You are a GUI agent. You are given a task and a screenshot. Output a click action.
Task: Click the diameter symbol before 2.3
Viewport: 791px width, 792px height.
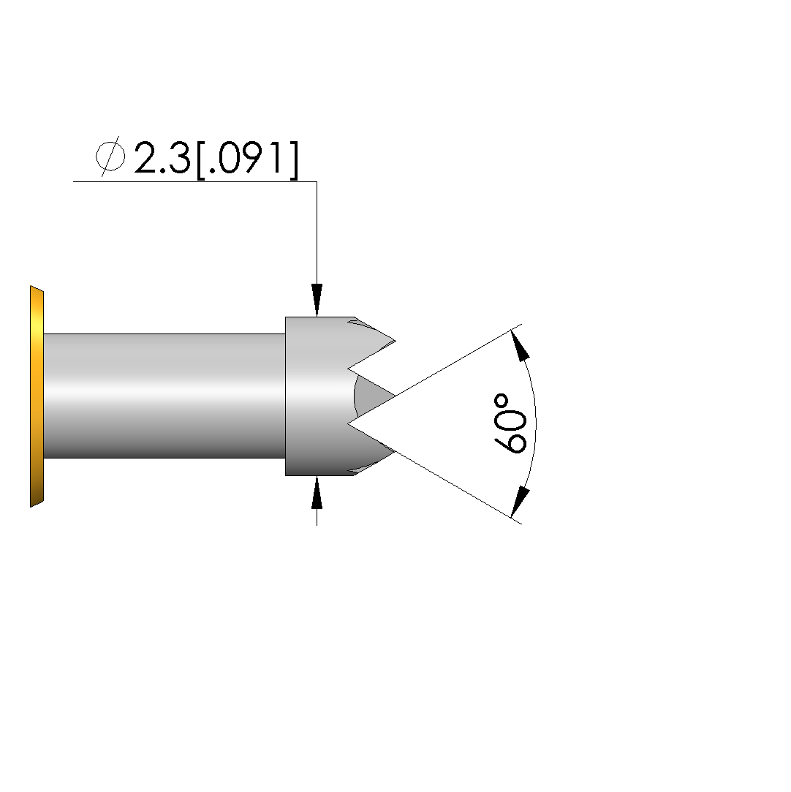tap(110, 156)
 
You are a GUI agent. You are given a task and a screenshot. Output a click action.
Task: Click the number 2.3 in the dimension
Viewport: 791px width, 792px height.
tap(162, 157)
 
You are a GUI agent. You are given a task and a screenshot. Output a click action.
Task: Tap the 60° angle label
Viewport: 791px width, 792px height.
tap(510, 423)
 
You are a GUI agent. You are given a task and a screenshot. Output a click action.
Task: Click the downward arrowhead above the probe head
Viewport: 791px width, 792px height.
tap(317, 300)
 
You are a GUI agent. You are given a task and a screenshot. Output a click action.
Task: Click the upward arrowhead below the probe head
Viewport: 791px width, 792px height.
tap(317, 492)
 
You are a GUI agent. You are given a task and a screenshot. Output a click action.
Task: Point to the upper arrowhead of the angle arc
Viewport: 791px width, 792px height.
tap(520, 344)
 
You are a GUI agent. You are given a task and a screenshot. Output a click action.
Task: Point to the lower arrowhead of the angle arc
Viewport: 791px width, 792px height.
tap(520, 502)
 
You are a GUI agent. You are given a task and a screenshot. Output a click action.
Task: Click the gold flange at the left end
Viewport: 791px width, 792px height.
tap(37, 396)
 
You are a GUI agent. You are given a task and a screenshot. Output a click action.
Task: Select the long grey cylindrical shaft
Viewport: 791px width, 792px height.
tap(164, 396)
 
